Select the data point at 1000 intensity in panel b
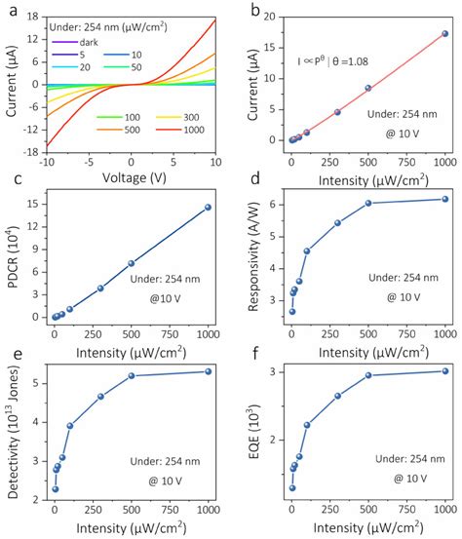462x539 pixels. (445, 33)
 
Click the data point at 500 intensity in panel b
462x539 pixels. (368, 88)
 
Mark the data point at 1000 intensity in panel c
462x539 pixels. (208, 207)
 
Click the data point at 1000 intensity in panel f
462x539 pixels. (445, 370)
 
